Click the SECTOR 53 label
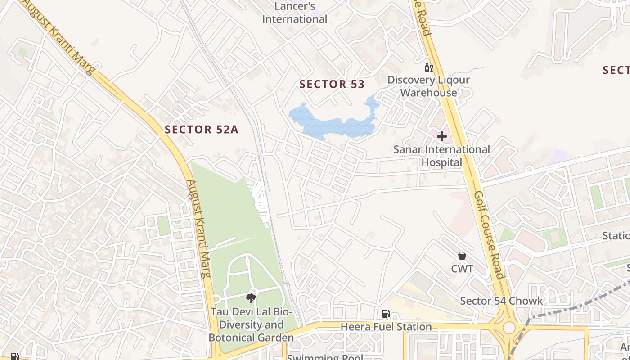pos(332,84)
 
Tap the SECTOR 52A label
pos(201,130)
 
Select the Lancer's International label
pos(295,13)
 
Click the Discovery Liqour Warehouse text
pos(428,86)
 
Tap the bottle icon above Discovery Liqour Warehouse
pos(428,67)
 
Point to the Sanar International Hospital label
pos(441,156)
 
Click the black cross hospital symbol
pos(442,136)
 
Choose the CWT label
pos(462,269)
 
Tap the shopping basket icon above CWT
pos(462,256)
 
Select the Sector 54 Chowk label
pos(501,301)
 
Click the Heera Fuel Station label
pos(386,327)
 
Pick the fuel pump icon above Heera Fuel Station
pos(386,314)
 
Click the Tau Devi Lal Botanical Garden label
pos(251,324)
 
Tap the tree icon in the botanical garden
pos(251,298)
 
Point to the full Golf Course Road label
pos(488,235)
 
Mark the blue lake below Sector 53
pos(333,121)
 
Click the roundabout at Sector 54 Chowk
pos(509,327)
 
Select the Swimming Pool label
pos(325,357)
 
